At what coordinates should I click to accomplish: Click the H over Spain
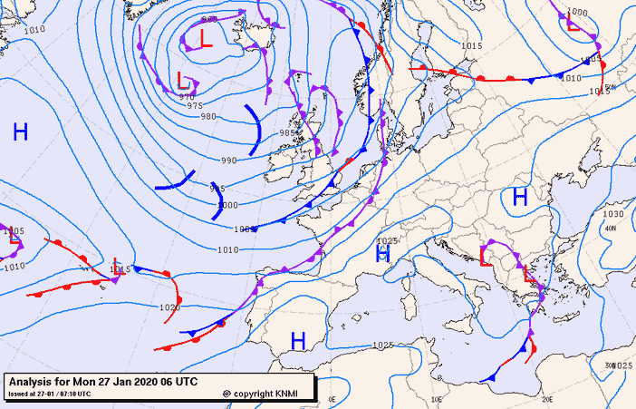click(x=297, y=340)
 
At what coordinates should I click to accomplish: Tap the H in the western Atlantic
click(x=20, y=132)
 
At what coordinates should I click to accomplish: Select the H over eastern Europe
click(x=520, y=197)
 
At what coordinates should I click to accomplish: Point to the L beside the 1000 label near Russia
click(x=573, y=23)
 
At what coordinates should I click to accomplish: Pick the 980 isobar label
click(x=208, y=116)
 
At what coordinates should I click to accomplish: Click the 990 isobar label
click(x=228, y=161)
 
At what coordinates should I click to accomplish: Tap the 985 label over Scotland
click(x=288, y=133)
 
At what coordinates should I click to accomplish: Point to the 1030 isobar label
click(x=613, y=214)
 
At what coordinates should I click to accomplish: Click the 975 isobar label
click(x=195, y=106)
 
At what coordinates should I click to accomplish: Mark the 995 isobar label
click(x=217, y=189)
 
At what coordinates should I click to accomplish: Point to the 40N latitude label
click(x=610, y=229)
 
